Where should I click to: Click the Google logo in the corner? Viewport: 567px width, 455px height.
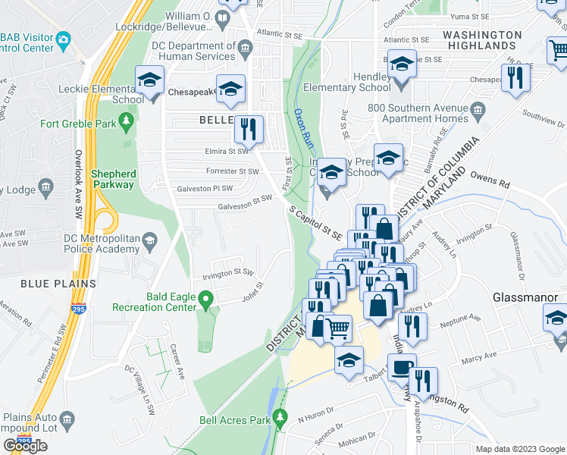tap(25, 445)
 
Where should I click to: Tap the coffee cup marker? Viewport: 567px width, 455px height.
tap(401, 368)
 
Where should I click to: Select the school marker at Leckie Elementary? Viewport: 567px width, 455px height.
tap(150, 80)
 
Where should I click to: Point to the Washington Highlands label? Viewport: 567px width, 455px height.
tap(490, 40)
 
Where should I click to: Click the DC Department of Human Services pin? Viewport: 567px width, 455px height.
tap(245, 50)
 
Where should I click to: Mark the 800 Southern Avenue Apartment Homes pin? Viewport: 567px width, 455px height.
tap(478, 114)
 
